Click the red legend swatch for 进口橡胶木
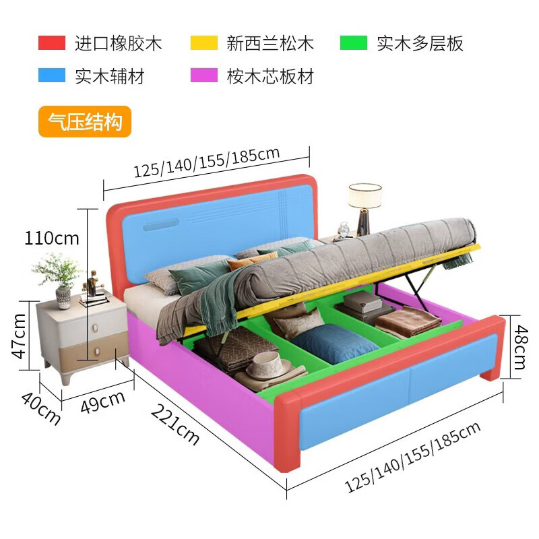pyautogui.click(x=51, y=44)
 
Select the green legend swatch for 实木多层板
pyautogui.click(x=354, y=44)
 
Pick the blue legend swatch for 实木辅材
pyautogui.click(x=51, y=75)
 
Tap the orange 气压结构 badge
pyautogui.click(x=84, y=123)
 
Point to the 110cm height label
pyautogui.click(x=52, y=238)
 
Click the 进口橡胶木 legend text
pyautogui.click(x=118, y=44)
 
